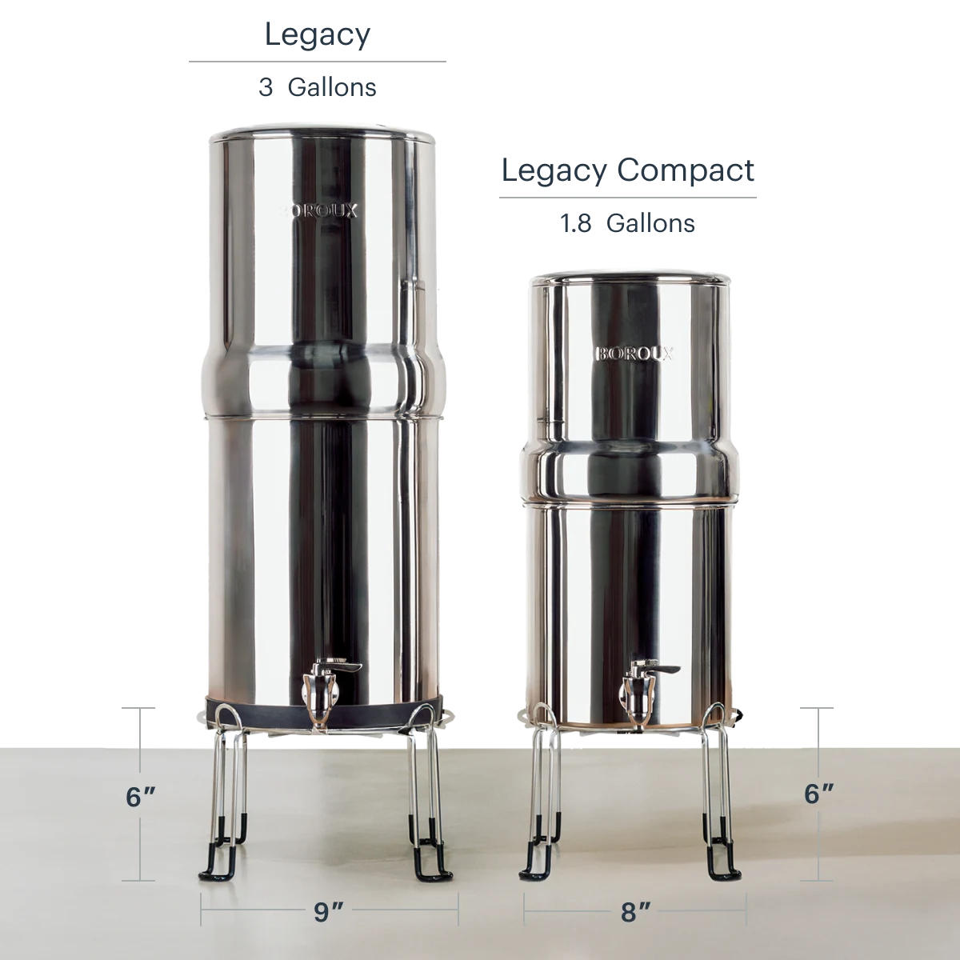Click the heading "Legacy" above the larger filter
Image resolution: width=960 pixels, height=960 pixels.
tap(318, 36)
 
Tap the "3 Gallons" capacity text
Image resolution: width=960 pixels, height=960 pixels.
tap(318, 88)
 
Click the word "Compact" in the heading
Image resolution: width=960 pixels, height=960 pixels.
tap(686, 172)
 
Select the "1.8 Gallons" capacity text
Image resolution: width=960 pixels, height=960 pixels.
tap(627, 223)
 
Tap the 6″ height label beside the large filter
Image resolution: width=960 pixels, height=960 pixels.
tap(141, 797)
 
